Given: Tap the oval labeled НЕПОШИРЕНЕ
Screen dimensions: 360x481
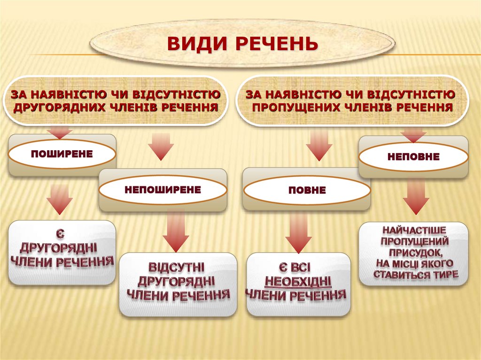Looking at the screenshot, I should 163,190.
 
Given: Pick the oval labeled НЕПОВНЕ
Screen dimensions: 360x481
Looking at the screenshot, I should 413,156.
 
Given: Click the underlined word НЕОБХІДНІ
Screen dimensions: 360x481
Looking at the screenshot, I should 298,282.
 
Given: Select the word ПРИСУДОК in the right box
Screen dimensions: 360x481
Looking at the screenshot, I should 414,252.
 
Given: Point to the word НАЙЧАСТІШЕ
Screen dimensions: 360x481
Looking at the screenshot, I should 414,230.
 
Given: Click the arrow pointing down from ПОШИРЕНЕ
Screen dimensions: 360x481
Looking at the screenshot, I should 60,198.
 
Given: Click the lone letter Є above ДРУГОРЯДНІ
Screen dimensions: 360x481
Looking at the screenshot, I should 61,233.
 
